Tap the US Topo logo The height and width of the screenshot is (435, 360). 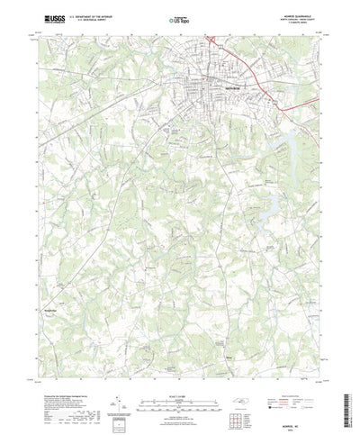click(176, 18)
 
